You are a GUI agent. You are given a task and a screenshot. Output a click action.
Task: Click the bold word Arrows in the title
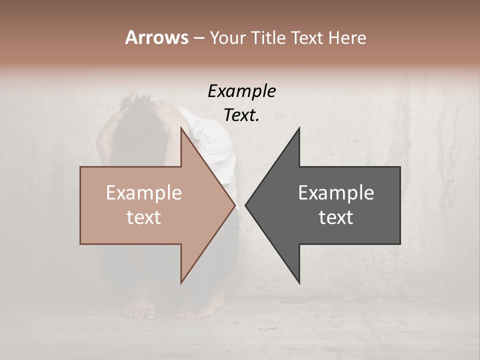tap(156, 37)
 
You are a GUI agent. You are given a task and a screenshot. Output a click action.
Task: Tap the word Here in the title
tap(347, 37)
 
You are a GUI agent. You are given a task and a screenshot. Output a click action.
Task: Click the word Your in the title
tap(227, 38)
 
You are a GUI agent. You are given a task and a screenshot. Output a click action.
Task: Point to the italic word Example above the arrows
tap(241, 91)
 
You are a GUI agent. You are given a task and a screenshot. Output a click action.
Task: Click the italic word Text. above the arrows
tap(241, 115)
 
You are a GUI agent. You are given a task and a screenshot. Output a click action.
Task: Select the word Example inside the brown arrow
tap(143, 193)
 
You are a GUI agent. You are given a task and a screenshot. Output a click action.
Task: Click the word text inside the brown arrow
tap(143, 217)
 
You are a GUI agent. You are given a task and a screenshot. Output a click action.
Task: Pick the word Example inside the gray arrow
tap(336, 193)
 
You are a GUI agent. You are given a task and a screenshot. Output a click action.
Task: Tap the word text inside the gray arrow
tap(336, 217)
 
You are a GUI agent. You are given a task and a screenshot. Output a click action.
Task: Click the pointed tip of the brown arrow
tap(235, 205)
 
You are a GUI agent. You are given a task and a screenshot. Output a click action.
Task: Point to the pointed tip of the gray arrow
tap(245, 205)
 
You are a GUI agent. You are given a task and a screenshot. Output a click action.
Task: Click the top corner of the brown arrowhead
tap(181, 128)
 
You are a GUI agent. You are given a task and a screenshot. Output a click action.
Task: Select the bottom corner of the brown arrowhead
tap(181, 283)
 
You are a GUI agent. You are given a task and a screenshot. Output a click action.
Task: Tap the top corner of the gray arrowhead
tap(299, 128)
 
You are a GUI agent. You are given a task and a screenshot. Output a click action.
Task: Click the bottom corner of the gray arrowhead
tap(299, 283)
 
